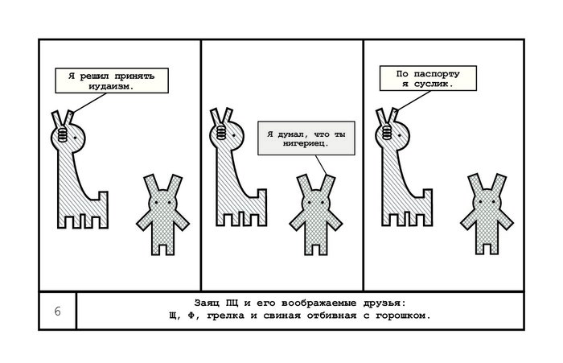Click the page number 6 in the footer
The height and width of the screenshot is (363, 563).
(x=57, y=311)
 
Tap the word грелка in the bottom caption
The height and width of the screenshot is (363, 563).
(x=249, y=316)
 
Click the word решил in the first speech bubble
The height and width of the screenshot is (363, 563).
(x=95, y=75)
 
